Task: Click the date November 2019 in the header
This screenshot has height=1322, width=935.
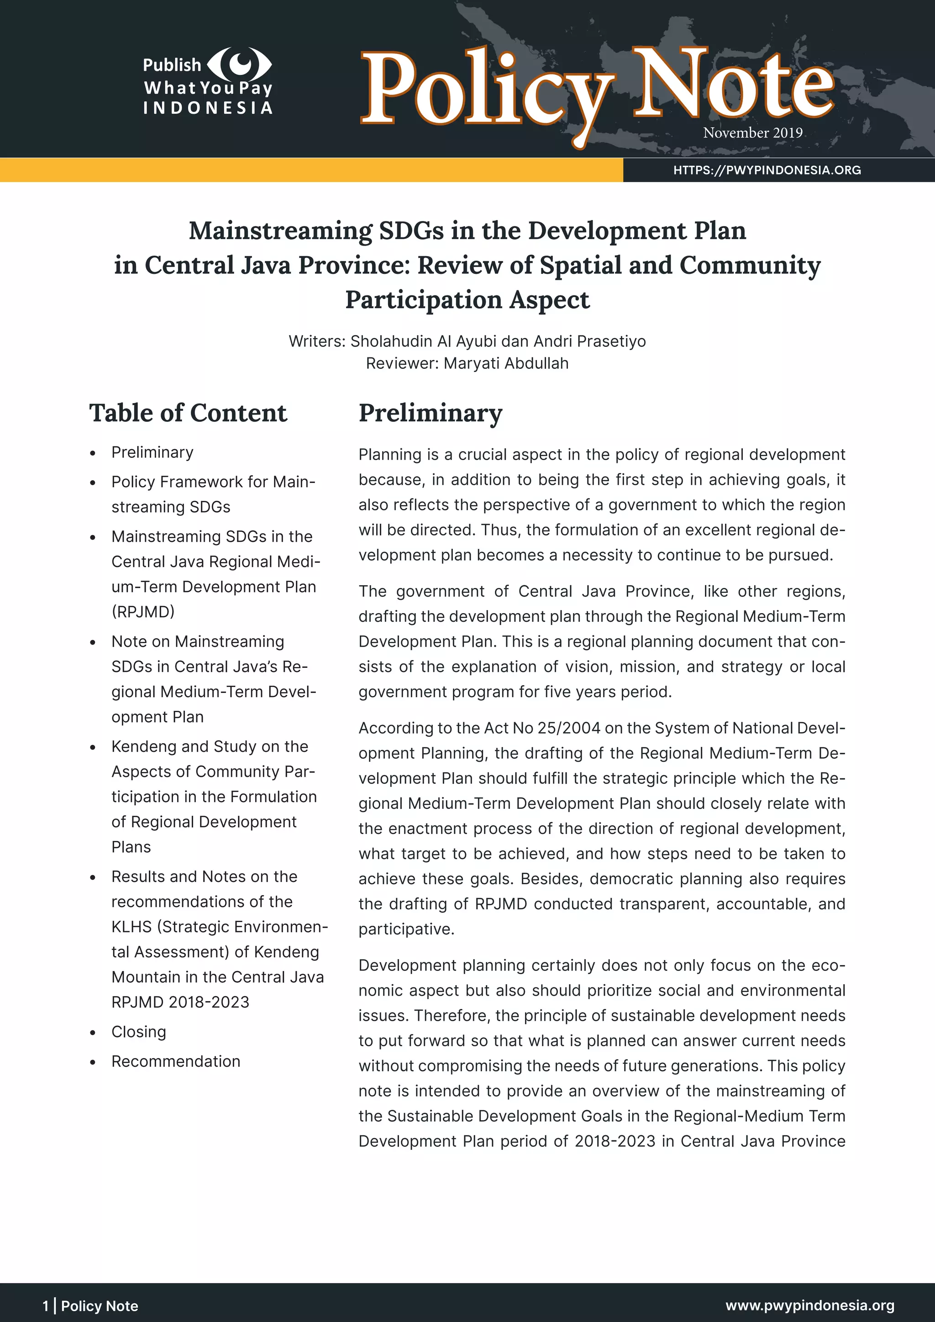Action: pyautogui.click(x=752, y=133)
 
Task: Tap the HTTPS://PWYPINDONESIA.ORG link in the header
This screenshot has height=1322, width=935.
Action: pyautogui.click(x=767, y=170)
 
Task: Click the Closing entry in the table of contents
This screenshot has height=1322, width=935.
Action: pyautogui.click(x=139, y=1031)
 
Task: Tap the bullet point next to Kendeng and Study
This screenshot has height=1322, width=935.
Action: pyautogui.click(x=93, y=747)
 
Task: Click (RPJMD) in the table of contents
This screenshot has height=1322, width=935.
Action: pyautogui.click(x=143, y=612)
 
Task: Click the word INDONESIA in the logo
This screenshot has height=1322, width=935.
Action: pyautogui.click(x=208, y=108)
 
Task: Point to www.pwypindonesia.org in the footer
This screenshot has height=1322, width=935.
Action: pyautogui.click(x=809, y=1305)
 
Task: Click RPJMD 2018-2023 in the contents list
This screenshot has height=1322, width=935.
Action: pyautogui.click(x=180, y=1002)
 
